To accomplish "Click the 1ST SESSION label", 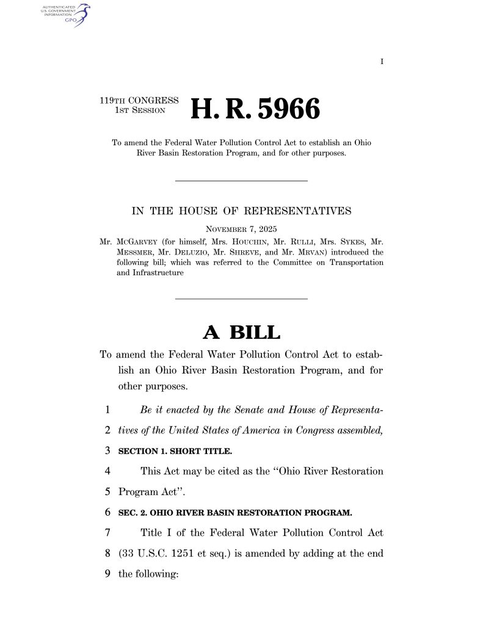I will (141, 111).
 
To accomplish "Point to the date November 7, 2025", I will (241, 229).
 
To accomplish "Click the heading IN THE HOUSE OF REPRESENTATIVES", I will (241, 212).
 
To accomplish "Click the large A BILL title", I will (241, 333).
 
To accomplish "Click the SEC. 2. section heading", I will (235, 513).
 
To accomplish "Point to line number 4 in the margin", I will (107, 471).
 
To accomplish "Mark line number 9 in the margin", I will (107, 574).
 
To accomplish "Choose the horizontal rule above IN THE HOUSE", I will (241, 180).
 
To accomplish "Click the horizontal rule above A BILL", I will (241, 298).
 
